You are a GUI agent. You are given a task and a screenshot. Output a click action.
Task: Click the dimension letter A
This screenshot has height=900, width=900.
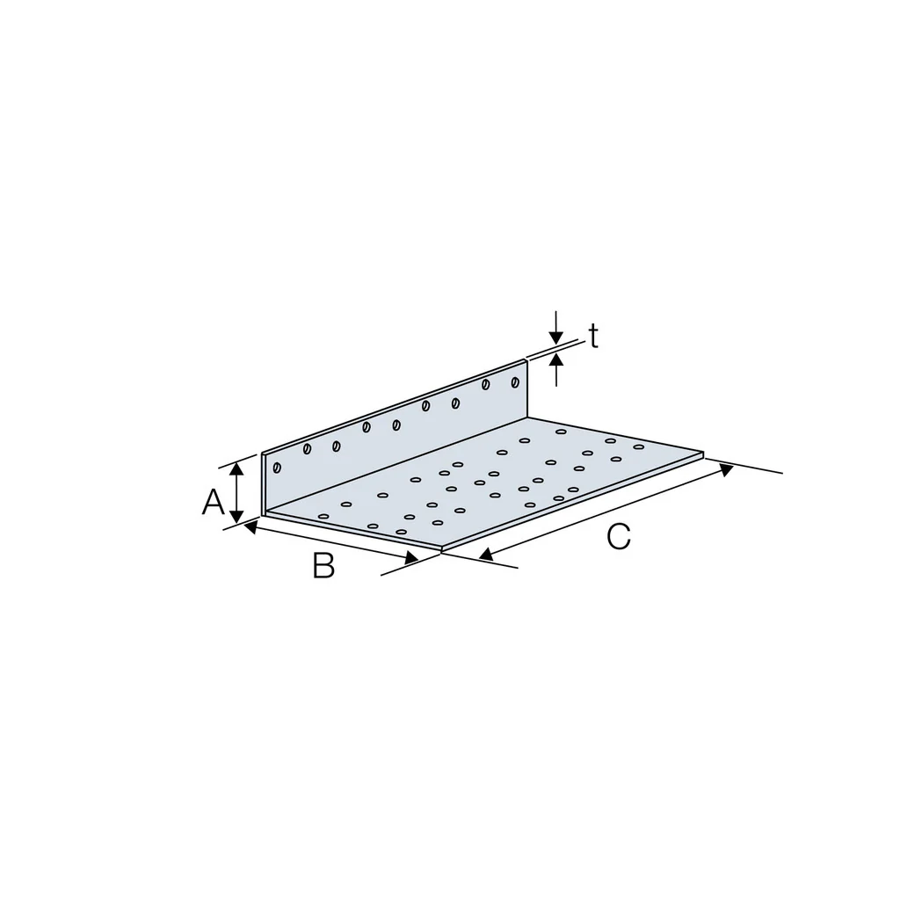tap(213, 502)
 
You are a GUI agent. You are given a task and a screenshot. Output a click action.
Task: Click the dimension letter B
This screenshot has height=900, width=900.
tap(323, 565)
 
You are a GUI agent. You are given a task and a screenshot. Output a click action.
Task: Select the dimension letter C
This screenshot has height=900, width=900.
tap(619, 537)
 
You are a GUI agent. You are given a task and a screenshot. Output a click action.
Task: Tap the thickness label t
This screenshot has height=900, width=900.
tap(593, 337)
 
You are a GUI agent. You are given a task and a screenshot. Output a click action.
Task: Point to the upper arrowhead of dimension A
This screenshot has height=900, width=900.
tap(236, 469)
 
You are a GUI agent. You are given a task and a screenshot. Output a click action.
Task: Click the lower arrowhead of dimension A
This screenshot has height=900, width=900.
tap(236, 516)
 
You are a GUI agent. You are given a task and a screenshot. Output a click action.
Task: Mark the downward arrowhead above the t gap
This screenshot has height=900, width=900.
tap(555, 337)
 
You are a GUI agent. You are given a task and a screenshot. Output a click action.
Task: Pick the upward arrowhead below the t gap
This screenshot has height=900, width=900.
tap(556, 360)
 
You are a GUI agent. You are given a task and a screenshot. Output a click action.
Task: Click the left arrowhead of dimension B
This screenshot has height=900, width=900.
tap(250, 526)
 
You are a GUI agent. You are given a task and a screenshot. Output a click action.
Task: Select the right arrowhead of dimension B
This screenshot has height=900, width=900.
tap(411, 557)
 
